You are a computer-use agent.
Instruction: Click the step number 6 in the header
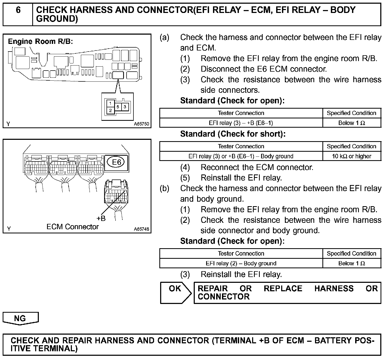(x=18, y=10)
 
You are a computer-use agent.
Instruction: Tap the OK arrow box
(x=175, y=293)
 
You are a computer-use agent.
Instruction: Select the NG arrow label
(x=20, y=318)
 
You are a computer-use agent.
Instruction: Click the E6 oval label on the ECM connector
(x=116, y=162)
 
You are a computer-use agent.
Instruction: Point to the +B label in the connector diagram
(x=101, y=218)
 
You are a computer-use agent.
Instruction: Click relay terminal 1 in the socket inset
(x=110, y=103)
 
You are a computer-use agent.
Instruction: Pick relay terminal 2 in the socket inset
(x=110, y=110)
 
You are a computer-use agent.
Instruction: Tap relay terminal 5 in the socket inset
(x=118, y=107)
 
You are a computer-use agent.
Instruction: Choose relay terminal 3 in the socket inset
(x=125, y=107)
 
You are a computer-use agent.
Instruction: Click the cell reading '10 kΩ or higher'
(x=351, y=156)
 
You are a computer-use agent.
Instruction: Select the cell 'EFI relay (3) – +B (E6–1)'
(x=241, y=123)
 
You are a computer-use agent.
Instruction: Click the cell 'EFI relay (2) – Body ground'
(x=241, y=264)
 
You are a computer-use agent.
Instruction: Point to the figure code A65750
(x=141, y=124)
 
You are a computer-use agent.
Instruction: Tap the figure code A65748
(x=141, y=229)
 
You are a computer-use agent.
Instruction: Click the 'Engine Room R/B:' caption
(x=40, y=41)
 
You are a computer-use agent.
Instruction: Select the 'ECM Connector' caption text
(x=72, y=227)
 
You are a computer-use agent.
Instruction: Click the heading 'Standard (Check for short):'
(x=233, y=134)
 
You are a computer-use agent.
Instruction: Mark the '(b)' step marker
(x=164, y=188)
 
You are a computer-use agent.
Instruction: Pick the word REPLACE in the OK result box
(x=283, y=288)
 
